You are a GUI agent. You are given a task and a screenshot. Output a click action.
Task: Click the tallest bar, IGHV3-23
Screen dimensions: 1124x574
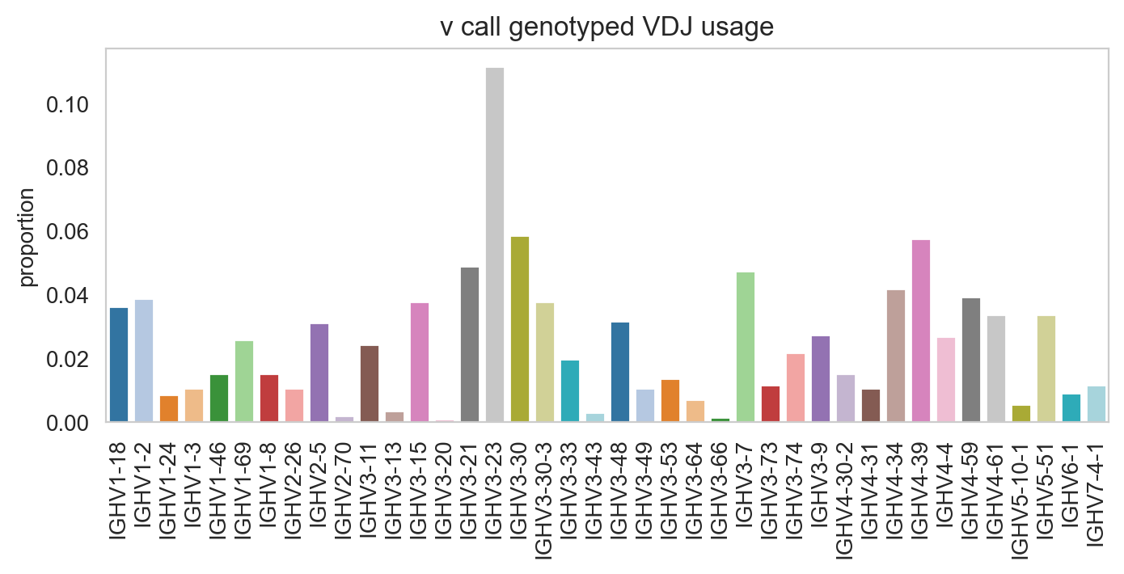point(495,244)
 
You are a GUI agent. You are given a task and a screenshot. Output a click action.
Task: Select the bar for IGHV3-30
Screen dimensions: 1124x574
point(520,329)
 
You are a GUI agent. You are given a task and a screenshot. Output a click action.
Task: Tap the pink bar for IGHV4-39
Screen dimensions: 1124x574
point(921,331)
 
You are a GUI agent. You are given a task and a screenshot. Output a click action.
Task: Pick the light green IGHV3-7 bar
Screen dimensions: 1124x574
point(745,347)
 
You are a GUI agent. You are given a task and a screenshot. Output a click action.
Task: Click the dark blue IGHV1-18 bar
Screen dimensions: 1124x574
point(119,365)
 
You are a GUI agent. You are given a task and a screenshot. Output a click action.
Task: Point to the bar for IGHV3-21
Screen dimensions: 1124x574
point(470,344)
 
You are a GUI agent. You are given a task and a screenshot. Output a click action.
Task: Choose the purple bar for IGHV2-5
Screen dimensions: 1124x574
point(319,373)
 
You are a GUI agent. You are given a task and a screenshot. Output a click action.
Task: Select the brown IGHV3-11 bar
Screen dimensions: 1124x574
point(370,384)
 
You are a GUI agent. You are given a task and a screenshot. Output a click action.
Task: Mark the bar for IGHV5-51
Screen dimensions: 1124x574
point(1046,369)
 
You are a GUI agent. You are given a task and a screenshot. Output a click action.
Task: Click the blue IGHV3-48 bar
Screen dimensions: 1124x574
point(620,372)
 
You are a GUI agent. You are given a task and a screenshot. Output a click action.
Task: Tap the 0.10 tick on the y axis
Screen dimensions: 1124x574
point(67,105)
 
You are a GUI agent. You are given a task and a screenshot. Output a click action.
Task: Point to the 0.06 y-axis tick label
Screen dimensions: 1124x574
point(67,232)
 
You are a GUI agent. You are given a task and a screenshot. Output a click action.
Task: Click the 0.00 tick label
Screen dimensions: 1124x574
point(67,424)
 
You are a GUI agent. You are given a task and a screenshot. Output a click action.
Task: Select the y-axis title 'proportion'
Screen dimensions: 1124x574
point(26,238)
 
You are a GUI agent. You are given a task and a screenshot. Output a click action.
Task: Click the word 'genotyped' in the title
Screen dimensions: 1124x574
point(570,28)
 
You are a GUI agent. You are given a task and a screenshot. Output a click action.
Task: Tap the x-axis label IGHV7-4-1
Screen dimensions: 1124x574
point(1097,494)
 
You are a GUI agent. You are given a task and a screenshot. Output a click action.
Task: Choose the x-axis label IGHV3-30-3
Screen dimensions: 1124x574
point(545,500)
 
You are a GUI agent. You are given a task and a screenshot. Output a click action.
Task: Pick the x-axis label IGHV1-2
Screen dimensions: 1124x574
point(144,485)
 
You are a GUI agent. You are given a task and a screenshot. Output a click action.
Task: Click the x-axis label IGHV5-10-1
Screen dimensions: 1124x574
point(1021,500)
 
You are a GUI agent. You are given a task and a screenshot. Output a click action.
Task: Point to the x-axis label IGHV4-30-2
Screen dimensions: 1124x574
point(846,500)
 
